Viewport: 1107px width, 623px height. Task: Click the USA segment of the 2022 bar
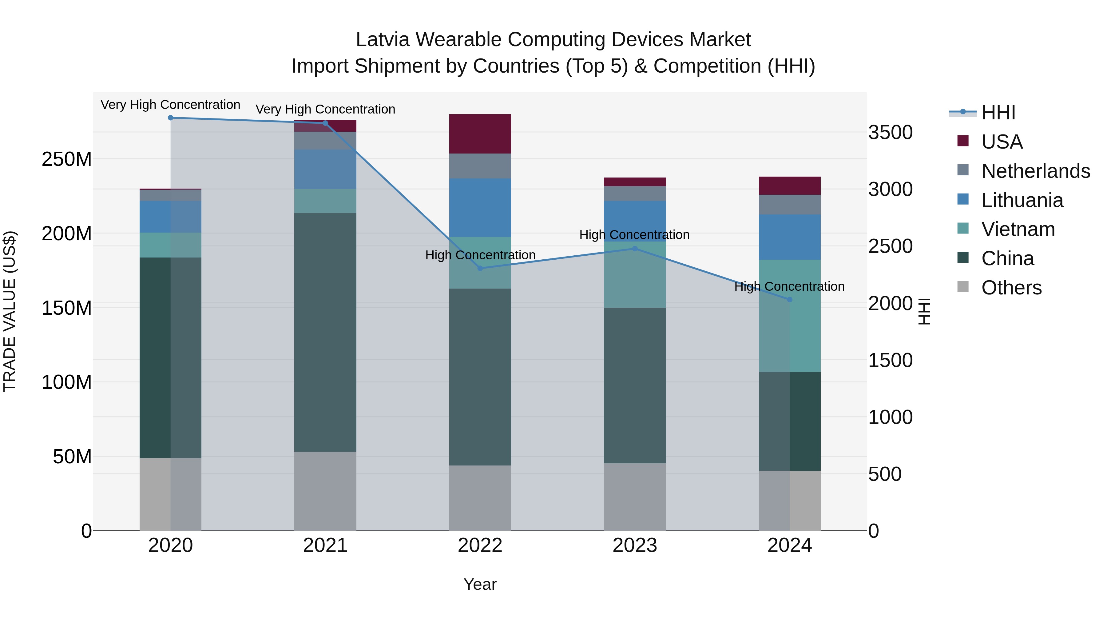pyautogui.click(x=480, y=134)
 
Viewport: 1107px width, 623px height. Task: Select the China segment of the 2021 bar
pyautogui.click(x=325, y=332)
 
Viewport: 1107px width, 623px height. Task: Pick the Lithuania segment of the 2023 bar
pyautogui.click(x=635, y=221)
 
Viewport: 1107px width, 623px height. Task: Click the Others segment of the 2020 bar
pyautogui.click(x=171, y=494)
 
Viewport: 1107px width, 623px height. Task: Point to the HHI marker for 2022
pyautogui.click(x=480, y=268)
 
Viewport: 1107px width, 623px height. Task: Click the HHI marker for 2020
pyautogui.click(x=171, y=118)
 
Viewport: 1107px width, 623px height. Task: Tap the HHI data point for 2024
pyautogui.click(x=789, y=299)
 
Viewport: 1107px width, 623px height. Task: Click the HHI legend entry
pyautogui.click(x=998, y=113)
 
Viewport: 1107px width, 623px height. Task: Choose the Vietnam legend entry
pyautogui.click(x=1018, y=229)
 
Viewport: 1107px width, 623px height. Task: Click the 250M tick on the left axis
pyautogui.click(x=67, y=159)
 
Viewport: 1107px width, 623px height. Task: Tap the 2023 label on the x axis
pyautogui.click(x=635, y=545)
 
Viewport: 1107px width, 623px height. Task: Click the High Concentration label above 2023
pyautogui.click(x=634, y=235)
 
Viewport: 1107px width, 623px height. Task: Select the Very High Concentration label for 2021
pyautogui.click(x=325, y=109)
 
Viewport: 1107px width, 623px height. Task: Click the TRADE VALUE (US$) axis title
pyautogui.click(x=10, y=311)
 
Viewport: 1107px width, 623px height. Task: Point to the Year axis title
pyautogui.click(x=480, y=584)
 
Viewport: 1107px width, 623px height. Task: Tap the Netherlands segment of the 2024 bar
pyautogui.click(x=789, y=205)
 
